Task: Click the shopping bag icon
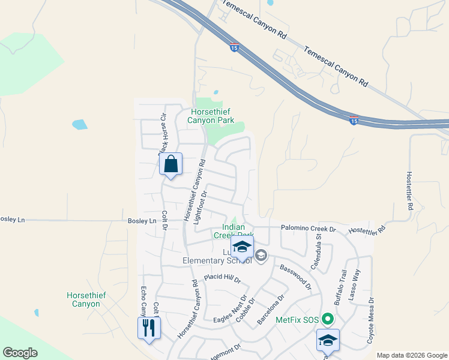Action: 171,164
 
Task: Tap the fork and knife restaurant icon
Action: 149,328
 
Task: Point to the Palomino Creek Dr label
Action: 307,229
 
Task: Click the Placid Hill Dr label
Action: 222,279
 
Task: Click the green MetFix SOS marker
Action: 327,319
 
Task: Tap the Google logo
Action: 20,353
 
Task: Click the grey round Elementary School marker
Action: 261,256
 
